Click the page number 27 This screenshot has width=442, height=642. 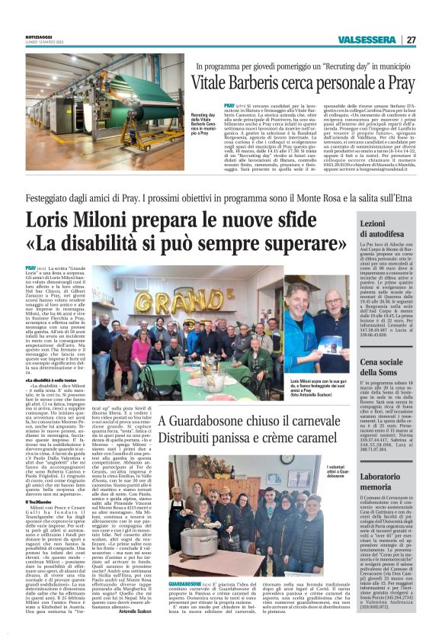(411, 40)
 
